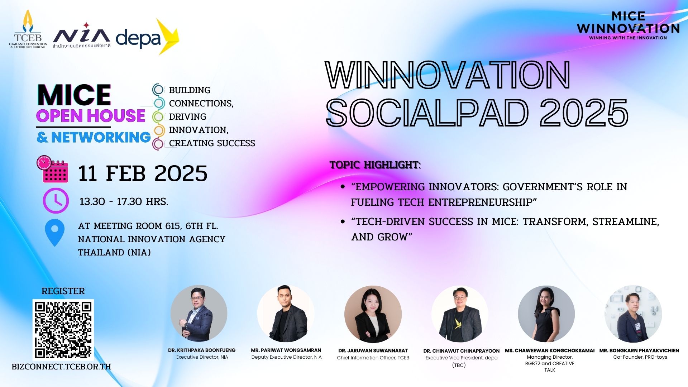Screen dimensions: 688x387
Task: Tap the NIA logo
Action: pyautogui.click(x=81, y=35)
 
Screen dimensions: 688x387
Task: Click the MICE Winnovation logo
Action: pyautogui.click(x=628, y=25)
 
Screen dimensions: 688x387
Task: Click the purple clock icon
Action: pyautogui.click(x=56, y=201)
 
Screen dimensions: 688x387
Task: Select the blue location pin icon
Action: pyautogui.click(x=55, y=233)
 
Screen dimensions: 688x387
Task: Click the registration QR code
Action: pyautogui.click(x=63, y=330)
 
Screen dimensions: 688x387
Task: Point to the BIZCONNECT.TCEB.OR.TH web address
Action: pyautogui.click(x=61, y=367)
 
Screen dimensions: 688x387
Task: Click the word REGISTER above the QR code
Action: pyautogui.click(x=63, y=291)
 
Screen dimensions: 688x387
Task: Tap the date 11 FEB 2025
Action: pyautogui.click(x=143, y=173)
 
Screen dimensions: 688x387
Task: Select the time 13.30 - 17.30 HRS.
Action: pyautogui.click(x=124, y=201)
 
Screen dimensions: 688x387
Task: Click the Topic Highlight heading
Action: pyautogui.click(x=375, y=165)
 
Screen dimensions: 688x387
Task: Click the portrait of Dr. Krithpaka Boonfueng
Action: pyautogui.click(x=199, y=314)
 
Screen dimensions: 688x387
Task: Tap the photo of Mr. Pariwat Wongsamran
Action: pyautogui.click(x=286, y=314)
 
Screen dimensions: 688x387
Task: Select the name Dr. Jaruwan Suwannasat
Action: pyautogui.click(x=373, y=350)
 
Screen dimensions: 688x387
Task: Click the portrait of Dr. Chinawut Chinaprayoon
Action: pyautogui.click(x=460, y=314)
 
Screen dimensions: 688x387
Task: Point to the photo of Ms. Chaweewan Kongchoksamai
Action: pyautogui.click(x=546, y=314)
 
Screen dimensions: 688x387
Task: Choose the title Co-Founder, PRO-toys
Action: pyautogui.click(x=640, y=357)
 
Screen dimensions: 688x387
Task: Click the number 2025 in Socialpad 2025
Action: pyautogui.click(x=584, y=113)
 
